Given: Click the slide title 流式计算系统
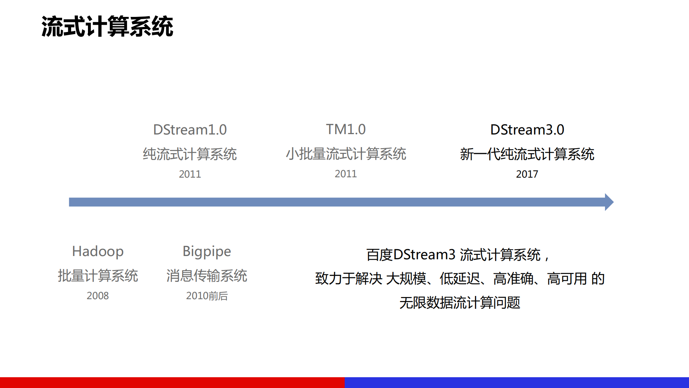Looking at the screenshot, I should click(107, 27).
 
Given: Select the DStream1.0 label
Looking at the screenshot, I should click(190, 130).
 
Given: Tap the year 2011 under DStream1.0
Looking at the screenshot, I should click(190, 174).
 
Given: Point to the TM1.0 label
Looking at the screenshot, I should click(346, 129).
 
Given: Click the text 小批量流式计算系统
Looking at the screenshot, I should click(346, 154).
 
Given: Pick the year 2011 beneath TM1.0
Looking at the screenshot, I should click(346, 174).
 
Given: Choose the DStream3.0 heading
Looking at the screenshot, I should click(527, 130).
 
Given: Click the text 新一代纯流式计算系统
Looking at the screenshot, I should click(527, 154).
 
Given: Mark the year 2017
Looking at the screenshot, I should click(527, 174).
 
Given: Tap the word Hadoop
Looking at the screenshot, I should click(98, 251).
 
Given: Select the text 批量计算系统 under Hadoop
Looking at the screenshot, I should click(98, 276).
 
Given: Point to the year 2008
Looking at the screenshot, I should click(98, 296).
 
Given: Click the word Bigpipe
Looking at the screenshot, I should click(207, 251).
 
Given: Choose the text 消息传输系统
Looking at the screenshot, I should click(207, 276).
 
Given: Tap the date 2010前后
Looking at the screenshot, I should click(207, 296).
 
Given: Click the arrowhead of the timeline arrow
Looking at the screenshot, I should click(609, 202).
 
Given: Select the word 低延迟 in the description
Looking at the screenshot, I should click(460, 279).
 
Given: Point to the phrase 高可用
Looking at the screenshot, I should click(567, 279).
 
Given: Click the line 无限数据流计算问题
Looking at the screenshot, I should click(460, 303).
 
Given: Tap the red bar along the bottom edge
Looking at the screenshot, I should click(172, 382).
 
